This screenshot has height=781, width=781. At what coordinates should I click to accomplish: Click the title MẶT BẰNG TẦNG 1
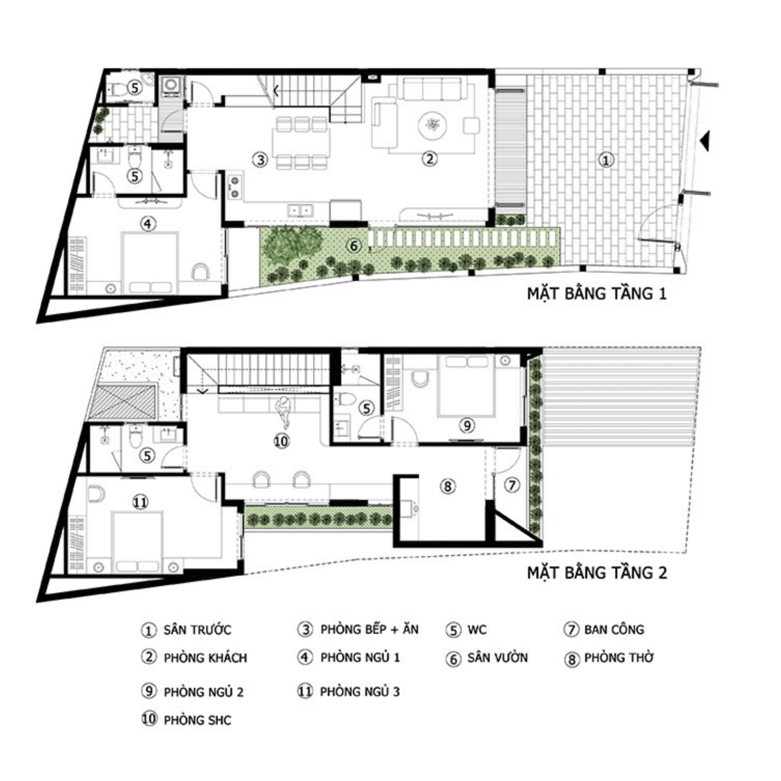(x=597, y=294)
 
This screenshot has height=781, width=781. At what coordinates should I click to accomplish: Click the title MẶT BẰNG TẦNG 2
(x=597, y=573)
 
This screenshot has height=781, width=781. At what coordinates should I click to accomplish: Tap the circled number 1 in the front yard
(x=606, y=160)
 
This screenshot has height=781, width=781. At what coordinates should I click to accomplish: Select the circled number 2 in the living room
(x=430, y=159)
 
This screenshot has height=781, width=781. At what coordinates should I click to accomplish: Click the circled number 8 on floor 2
(x=447, y=486)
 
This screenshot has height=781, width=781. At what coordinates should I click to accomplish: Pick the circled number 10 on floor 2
(x=281, y=441)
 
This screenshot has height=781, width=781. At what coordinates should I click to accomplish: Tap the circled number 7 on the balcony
(x=512, y=485)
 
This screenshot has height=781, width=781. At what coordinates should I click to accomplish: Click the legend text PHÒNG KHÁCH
(x=205, y=658)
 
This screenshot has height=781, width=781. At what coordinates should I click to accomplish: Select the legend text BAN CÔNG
(x=614, y=630)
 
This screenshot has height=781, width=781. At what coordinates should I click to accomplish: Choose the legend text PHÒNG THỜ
(x=619, y=658)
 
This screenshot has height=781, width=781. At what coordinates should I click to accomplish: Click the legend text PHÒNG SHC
(x=197, y=720)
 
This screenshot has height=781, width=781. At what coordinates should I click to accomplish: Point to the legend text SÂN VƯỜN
(x=497, y=658)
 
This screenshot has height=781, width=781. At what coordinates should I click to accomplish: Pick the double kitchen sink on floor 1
(x=300, y=210)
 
